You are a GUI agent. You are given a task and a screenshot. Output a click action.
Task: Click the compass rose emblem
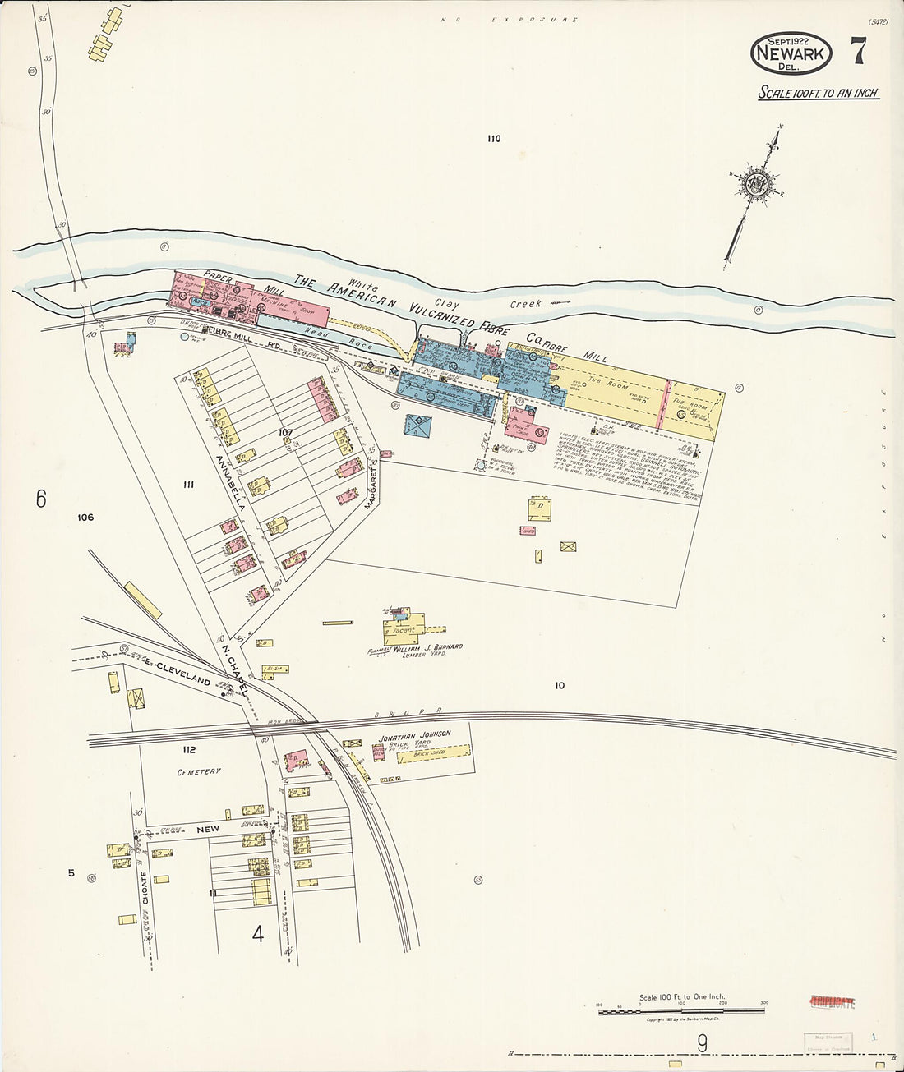pyautogui.click(x=754, y=185)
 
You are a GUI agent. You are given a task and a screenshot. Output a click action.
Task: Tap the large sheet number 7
pyautogui.click(x=857, y=52)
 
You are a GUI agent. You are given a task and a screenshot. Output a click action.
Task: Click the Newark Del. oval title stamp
pyautogui.click(x=791, y=53)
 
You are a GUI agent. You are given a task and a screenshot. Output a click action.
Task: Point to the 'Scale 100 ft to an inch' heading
pyautogui.click(x=818, y=93)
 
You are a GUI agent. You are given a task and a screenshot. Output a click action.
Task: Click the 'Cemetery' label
pyautogui.click(x=199, y=772)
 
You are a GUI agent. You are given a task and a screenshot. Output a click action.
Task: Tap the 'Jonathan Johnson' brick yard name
pyautogui.click(x=414, y=734)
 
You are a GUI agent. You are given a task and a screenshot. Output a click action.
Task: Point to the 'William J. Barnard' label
pyautogui.click(x=427, y=647)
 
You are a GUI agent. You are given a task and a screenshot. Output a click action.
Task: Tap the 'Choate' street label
pyautogui.click(x=145, y=888)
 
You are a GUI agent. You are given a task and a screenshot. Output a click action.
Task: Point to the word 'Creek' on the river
pyautogui.click(x=525, y=304)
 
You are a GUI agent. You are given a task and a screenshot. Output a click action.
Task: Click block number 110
pyautogui.click(x=493, y=139)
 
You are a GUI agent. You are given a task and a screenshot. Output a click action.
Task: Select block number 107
pyautogui.click(x=285, y=432)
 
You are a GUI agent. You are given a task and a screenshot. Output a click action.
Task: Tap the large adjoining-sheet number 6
pyautogui.click(x=40, y=499)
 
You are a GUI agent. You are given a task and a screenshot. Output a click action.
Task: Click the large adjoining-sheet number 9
pyautogui.click(x=702, y=1043)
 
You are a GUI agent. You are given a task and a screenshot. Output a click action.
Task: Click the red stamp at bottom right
pyautogui.click(x=832, y=1001)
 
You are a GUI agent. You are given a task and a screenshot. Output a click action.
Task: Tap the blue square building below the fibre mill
pyautogui.click(x=418, y=425)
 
